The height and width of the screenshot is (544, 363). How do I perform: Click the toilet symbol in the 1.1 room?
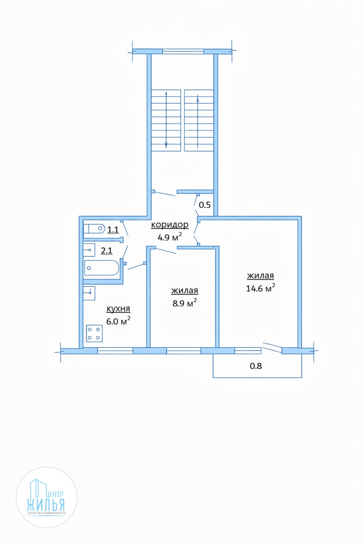[x=94, y=228]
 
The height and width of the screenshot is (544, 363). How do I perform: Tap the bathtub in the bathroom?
[x=102, y=268]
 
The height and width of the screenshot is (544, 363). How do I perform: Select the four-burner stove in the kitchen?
[x=94, y=333]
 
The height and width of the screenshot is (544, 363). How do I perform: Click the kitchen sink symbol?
[x=89, y=293]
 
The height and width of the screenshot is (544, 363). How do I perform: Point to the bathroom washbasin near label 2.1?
[x=89, y=250]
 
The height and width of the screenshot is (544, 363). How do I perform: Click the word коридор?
[x=170, y=224]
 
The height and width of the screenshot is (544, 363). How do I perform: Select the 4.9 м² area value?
[x=170, y=237]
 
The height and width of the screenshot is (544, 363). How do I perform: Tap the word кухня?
[x=118, y=309]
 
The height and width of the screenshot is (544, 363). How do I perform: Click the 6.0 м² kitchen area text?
[x=118, y=321]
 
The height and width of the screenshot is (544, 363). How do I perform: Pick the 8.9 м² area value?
[x=184, y=303]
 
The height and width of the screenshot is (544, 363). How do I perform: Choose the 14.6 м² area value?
[x=260, y=288]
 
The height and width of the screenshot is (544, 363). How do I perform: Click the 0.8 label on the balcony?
[x=256, y=366]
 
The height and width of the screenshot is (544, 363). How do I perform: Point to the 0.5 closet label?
[x=205, y=205]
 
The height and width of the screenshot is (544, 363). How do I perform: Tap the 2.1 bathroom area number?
[x=107, y=250]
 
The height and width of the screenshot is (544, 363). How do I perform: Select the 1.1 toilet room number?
[x=113, y=230]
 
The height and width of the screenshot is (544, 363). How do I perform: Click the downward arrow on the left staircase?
[x=166, y=120]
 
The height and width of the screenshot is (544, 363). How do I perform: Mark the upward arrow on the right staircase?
[x=198, y=121]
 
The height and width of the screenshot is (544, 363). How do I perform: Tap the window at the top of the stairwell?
[x=183, y=51]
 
